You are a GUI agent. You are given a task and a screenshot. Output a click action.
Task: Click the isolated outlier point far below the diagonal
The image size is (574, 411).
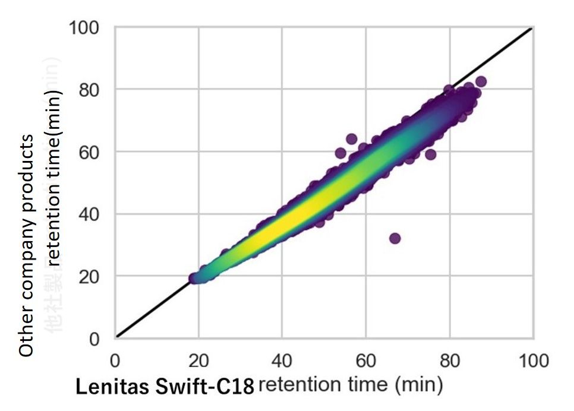[395, 238]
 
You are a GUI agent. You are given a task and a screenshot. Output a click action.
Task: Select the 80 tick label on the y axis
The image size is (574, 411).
[91, 90]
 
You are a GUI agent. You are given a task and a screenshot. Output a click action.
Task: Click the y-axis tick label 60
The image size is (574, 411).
[91, 152]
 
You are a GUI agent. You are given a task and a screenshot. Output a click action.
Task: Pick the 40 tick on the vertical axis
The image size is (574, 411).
[91, 214]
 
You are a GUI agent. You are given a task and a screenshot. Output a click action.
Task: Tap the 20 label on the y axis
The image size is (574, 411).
[91, 277]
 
